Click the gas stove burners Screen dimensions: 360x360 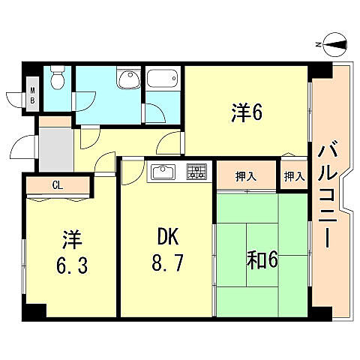point(196,172)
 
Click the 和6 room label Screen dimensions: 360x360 point(262,259)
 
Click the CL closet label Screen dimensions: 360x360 point(57,184)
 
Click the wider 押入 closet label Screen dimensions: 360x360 point(246,177)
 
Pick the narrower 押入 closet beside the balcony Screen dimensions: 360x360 point(294,177)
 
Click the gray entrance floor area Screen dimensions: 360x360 point(54,148)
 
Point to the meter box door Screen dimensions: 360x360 point(16,97)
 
